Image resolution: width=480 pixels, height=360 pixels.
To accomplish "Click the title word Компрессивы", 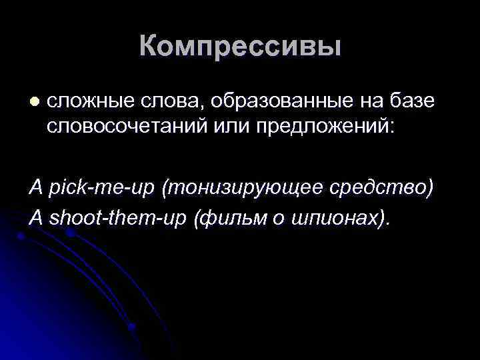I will coord(240,47).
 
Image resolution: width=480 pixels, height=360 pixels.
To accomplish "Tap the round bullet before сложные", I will coord(35,101).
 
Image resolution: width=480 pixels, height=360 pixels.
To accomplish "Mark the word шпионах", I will coord(339,218).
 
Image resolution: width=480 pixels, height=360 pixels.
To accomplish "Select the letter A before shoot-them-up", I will coord(35,218).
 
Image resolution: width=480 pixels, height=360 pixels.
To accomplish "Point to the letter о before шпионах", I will coord(282,219).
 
